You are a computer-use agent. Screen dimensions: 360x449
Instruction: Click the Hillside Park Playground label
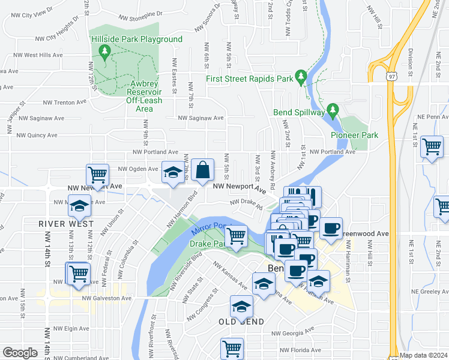coord(136,40)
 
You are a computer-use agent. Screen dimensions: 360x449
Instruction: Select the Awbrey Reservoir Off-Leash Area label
coord(148,96)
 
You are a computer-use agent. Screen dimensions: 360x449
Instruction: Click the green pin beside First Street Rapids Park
coord(301,78)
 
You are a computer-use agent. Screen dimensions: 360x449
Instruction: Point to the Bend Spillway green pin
coord(334,111)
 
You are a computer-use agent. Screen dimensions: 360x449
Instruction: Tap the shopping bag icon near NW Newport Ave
coord(203,169)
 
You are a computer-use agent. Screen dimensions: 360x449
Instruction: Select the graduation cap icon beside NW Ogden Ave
coord(173,173)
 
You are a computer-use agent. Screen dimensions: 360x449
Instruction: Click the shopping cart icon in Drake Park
coord(236,236)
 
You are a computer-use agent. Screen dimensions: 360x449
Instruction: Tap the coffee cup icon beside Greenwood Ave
coord(331,228)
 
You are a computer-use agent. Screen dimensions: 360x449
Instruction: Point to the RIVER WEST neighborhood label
coord(66,223)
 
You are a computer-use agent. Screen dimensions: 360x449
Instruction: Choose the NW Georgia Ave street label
coord(292,332)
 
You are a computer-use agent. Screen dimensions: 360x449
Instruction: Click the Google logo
coord(20,353)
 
